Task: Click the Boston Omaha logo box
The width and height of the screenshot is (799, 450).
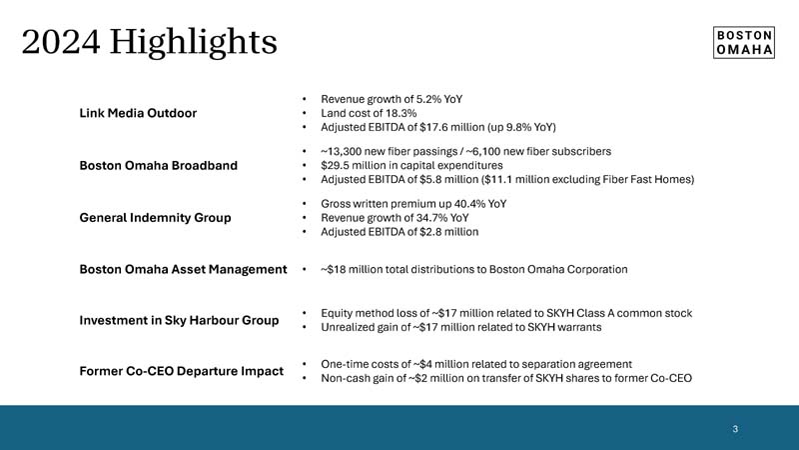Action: click(745, 42)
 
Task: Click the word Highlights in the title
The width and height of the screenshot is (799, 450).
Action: click(194, 42)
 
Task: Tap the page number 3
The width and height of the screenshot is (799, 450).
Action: click(735, 429)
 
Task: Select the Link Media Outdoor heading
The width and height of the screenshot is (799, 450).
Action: click(138, 113)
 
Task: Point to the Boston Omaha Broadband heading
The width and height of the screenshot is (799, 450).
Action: click(158, 165)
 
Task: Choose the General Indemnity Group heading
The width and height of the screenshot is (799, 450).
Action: click(155, 217)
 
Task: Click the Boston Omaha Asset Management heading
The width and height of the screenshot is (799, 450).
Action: click(183, 269)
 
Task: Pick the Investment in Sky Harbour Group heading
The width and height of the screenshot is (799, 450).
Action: click(179, 320)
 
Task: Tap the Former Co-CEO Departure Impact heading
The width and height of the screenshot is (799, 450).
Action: click(181, 372)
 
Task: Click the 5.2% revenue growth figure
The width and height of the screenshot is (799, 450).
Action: click(426, 99)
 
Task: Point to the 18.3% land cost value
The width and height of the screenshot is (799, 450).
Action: click(397, 113)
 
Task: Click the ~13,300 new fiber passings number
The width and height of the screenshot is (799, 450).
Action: click(344, 151)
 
